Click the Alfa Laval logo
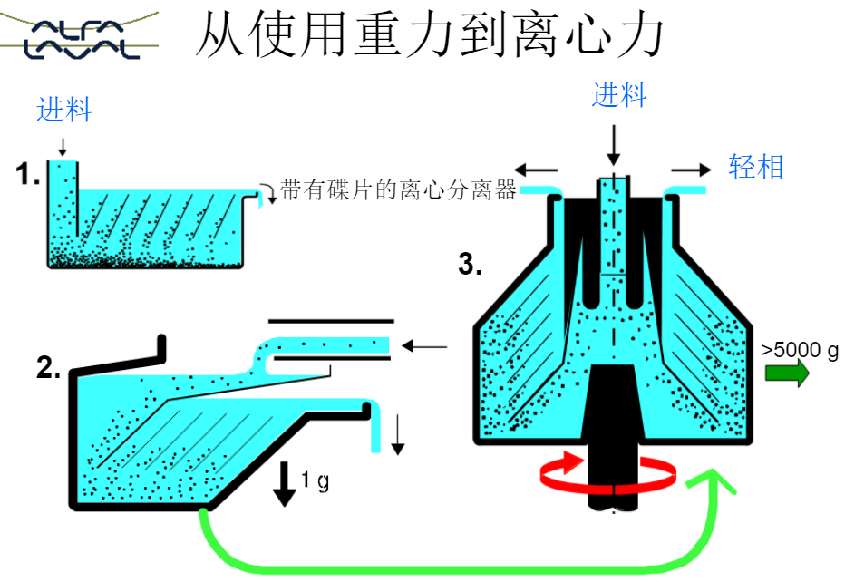[80, 36]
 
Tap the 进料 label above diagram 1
[64, 111]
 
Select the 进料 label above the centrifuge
[619, 95]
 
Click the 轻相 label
[756, 167]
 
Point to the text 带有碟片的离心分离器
[398, 189]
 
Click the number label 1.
[28, 175]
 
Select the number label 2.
[48, 367]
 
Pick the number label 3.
[470, 265]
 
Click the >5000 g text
[800, 350]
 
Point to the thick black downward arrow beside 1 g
[285, 483]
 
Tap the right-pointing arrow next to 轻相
[692, 169]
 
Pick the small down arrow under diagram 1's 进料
[62, 146]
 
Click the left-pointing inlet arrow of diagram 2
[425, 345]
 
